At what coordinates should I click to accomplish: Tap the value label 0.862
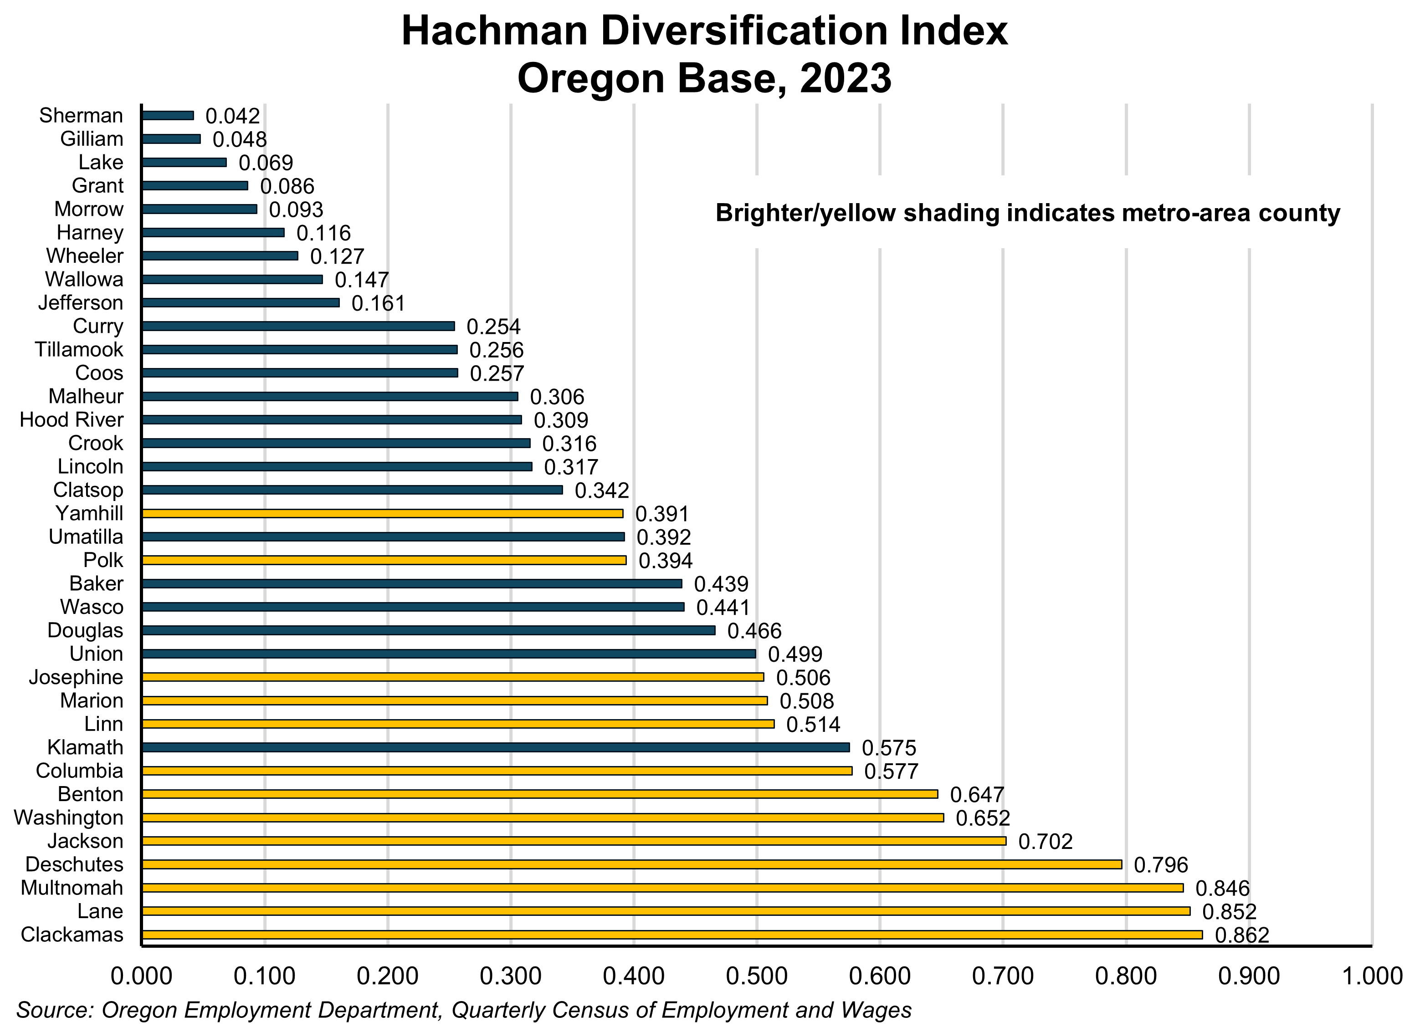pyautogui.click(x=1241, y=936)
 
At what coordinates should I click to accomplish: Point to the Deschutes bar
pyautogui.click(x=631, y=864)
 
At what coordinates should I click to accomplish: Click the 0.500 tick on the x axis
pyautogui.click(x=757, y=976)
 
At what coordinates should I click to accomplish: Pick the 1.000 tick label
pyautogui.click(x=1372, y=976)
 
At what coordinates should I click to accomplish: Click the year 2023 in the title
pyautogui.click(x=845, y=78)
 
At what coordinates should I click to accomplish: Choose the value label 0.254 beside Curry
pyautogui.click(x=493, y=327)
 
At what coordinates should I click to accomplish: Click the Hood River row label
pyautogui.click(x=72, y=419)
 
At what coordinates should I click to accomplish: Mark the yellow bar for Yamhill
pyautogui.click(x=383, y=514)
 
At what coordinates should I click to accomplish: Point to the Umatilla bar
pyautogui.click(x=383, y=537)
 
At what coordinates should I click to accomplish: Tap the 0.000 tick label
pyautogui.click(x=141, y=976)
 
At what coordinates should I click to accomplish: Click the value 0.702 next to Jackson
pyautogui.click(x=1045, y=842)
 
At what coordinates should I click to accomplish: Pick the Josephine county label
pyautogui.click(x=76, y=677)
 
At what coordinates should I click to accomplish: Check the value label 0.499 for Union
pyautogui.click(x=795, y=654)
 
